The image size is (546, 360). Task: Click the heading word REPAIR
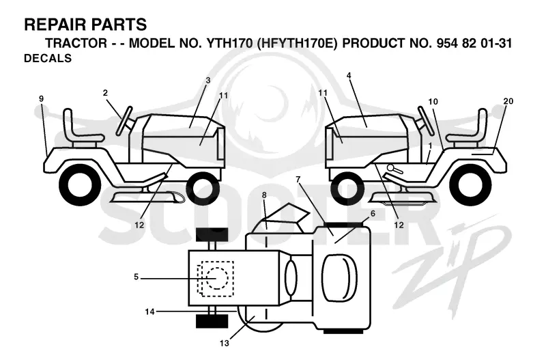(x=54, y=25)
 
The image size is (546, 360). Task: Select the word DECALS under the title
(x=48, y=58)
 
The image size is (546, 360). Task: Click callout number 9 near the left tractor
(x=42, y=99)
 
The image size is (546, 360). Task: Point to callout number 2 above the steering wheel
(x=105, y=93)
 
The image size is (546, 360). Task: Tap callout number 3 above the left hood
(x=208, y=80)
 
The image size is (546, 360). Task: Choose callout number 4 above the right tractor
(x=349, y=75)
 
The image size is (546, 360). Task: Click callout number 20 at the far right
(x=508, y=101)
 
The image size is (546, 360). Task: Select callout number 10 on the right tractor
(x=433, y=102)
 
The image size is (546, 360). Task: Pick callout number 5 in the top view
(x=136, y=277)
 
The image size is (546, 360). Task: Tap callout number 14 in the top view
(x=149, y=311)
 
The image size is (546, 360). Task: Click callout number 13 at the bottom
(x=225, y=344)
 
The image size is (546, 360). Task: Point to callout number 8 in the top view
(x=264, y=195)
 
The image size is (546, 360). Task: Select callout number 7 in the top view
(x=298, y=180)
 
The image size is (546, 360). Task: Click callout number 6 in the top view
(x=373, y=213)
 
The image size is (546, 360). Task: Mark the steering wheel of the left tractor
(x=124, y=120)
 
